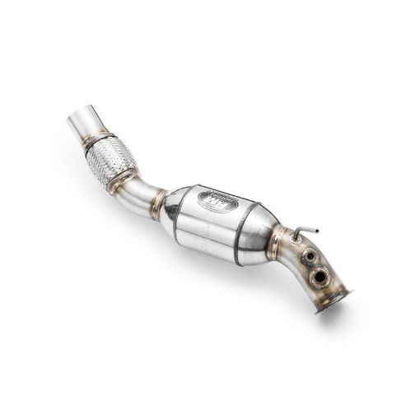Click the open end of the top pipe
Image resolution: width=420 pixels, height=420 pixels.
tap(81, 115)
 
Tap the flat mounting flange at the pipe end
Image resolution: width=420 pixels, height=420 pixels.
tap(334, 299)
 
